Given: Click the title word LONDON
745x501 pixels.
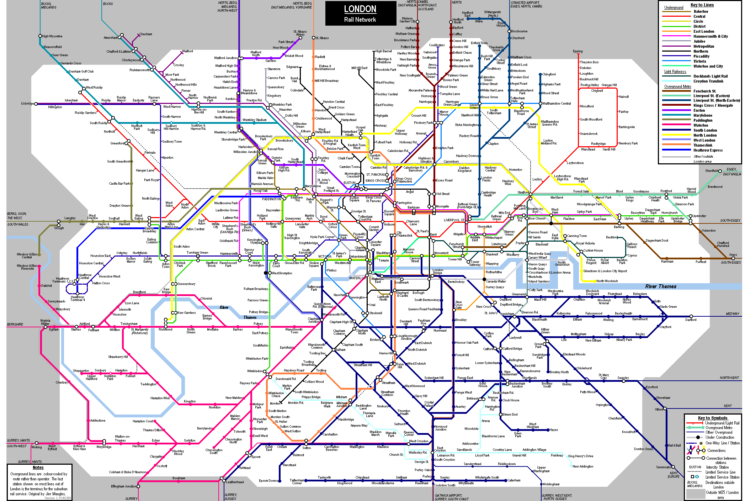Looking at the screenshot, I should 360,9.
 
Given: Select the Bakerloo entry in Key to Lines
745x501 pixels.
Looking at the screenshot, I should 701,11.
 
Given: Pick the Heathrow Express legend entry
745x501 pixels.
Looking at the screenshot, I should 708,150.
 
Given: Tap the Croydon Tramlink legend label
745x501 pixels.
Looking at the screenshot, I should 708,81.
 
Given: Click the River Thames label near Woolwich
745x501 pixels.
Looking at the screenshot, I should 660,286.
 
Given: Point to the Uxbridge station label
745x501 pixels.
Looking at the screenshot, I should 27,104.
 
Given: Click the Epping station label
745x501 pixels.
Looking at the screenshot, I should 578,51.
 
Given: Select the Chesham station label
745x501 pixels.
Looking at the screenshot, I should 145,34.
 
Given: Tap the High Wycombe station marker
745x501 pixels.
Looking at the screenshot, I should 40,36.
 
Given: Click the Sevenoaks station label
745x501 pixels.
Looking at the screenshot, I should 663,467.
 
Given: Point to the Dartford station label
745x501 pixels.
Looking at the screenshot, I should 691,320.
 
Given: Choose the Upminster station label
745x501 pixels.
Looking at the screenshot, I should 699,216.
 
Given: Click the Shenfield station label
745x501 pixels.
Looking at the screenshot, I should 712,171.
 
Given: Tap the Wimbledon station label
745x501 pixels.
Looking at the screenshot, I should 255,371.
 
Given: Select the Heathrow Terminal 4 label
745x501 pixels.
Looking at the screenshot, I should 78,299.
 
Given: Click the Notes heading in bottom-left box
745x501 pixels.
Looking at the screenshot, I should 38,468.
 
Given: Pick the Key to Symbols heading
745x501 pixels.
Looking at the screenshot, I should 712,418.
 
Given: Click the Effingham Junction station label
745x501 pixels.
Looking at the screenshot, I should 123,486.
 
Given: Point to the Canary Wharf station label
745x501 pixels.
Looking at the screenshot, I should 537,258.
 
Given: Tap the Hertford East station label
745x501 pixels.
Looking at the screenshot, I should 467,14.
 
